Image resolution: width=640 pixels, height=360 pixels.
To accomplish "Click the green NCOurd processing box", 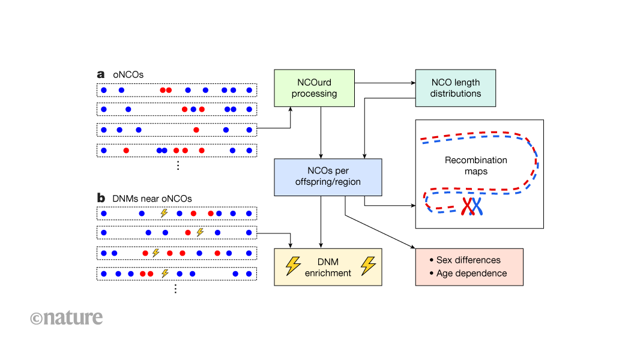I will tap(314, 88).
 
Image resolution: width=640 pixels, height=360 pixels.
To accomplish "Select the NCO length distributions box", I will tap(456, 88).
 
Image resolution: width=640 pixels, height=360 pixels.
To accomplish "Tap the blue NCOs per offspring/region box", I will tap(328, 177).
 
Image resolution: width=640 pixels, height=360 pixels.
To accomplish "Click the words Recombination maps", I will tap(475, 166).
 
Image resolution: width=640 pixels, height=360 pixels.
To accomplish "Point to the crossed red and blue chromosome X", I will tap(472, 206).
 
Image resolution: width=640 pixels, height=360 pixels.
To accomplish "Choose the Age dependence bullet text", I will tap(468, 273).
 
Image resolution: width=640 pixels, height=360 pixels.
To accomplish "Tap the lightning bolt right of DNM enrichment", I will tap(367, 266).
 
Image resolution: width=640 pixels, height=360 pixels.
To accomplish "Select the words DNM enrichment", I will tap(328, 266).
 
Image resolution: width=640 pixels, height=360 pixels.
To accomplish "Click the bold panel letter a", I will tap(101, 74).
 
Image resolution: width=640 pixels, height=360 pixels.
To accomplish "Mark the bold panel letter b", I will tap(101, 197).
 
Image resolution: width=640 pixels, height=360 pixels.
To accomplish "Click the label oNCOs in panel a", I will tap(128, 75).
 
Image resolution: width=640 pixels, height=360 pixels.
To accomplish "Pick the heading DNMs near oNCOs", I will tap(152, 198).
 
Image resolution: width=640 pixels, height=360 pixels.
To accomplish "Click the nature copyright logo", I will tap(67, 317).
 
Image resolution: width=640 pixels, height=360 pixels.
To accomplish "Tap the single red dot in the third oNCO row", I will tap(196, 130).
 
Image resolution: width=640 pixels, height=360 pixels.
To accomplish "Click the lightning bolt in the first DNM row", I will tap(163, 213).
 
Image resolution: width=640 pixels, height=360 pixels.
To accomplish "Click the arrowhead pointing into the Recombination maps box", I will tap(413, 206).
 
